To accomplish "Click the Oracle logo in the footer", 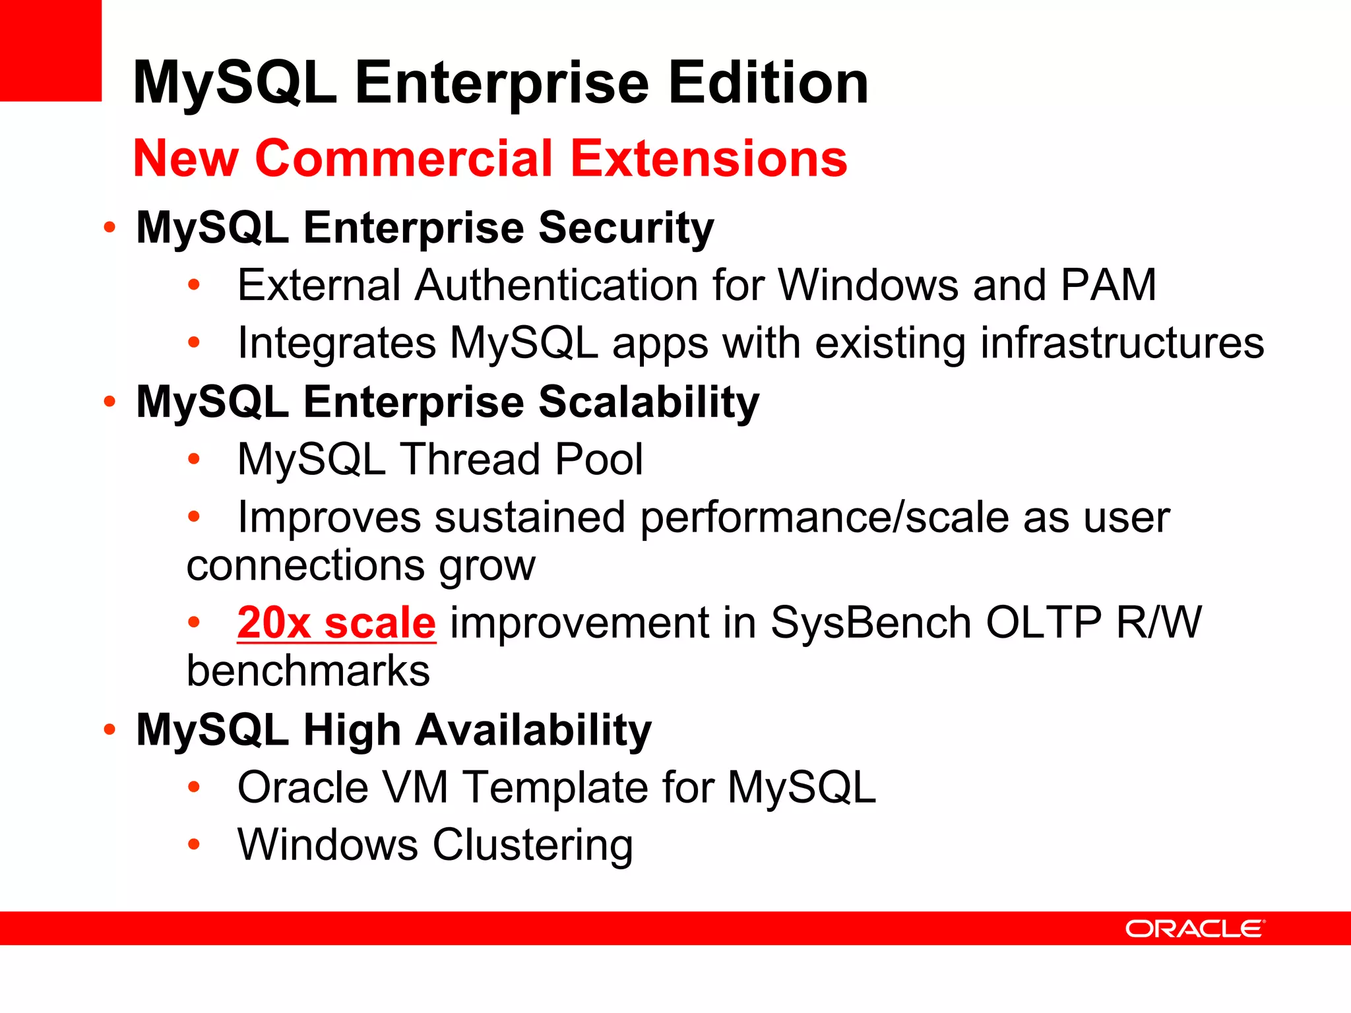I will point(1195,929).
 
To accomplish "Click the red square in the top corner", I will point(50,50).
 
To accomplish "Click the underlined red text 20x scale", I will point(336,623).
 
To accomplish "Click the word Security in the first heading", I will point(626,228).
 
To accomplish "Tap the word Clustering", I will point(533,845).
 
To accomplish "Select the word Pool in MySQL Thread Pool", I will point(598,460).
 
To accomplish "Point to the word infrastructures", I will point(1122,343).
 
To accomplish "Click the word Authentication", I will point(556,285).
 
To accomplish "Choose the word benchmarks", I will point(308,671).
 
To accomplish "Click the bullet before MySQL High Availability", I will point(110,729).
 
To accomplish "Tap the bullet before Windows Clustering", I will point(193,844).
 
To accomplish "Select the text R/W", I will point(1159,623).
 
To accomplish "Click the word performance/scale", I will point(825,518).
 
